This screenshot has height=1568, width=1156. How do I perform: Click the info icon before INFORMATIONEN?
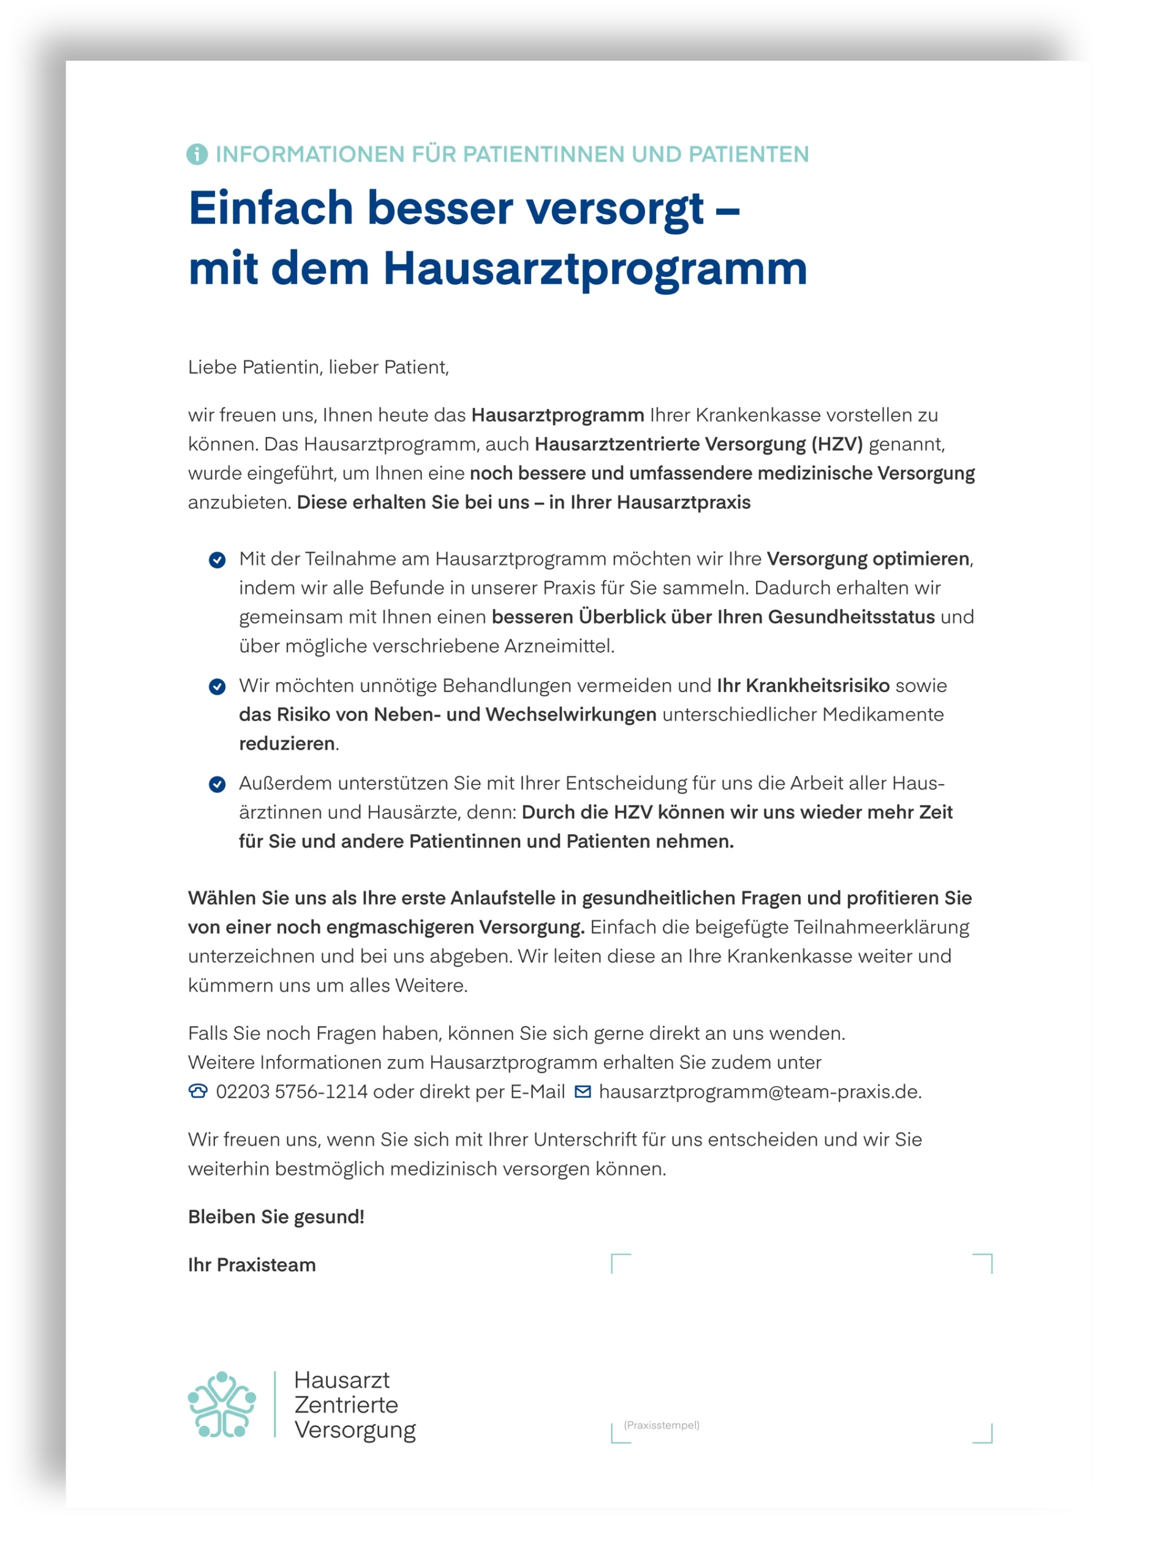tap(197, 154)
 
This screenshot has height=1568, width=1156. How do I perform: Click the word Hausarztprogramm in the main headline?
tap(595, 269)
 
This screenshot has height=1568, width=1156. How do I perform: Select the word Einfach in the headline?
tap(271, 208)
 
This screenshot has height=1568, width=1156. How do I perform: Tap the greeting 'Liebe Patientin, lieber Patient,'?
tap(319, 367)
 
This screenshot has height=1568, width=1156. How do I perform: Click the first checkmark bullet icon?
tap(217, 560)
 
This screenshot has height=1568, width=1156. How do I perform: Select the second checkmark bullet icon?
tap(217, 687)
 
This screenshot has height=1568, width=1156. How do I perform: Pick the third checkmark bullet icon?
tap(217, 785)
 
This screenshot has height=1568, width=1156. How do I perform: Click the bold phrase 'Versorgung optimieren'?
tap(867, 559)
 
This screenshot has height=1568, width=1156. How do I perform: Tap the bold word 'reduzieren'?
tap(287, 744)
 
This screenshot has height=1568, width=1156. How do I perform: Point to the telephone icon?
tap(198, 1091)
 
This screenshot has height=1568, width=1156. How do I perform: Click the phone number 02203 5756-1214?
tap(291, 1091)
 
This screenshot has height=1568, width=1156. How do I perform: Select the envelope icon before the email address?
tap(582, 1091)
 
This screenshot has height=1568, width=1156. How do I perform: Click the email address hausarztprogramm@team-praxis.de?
tap(759, 1091)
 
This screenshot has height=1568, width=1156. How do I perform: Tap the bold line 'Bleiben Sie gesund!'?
tap(276, 1217)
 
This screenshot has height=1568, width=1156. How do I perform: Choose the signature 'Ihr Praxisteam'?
tap(252, 1265)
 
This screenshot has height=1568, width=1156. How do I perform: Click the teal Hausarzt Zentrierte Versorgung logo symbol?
tap(222, 1404)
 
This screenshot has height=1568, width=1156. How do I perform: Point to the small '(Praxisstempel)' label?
tap(661, 1425)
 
